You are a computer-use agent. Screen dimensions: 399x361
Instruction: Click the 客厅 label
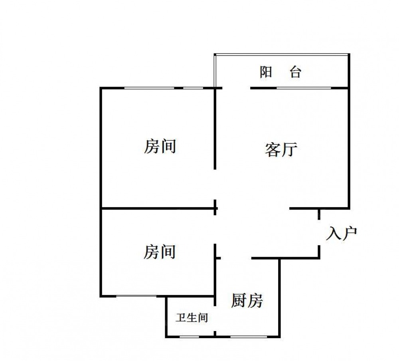tap(281, 149)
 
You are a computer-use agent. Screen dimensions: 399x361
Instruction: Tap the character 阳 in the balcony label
tap(266, 72)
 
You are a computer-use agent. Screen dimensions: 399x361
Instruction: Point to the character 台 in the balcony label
tap(295, 72)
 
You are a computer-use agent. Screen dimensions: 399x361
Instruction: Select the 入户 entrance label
tap(342, 233)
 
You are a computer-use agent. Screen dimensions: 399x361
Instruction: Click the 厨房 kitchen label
tap(247, 300)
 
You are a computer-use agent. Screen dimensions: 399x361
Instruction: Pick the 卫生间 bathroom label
tap(192, 318)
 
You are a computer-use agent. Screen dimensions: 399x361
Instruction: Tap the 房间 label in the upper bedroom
tap(160, 146)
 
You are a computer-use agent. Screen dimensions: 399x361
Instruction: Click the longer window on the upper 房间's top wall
tap(149, 88)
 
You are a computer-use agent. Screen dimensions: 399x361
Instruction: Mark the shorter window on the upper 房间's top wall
tap(193, 88)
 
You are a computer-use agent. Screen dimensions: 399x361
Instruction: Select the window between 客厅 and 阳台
tap(304, 88)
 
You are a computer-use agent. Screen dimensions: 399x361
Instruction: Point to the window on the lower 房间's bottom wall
tap(136, 296)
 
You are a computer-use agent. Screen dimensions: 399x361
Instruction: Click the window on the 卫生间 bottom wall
tap(189, 337)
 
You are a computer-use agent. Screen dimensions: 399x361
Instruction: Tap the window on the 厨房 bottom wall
tap(249, 337)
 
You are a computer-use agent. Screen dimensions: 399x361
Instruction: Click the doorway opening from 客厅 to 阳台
tap(236, 88)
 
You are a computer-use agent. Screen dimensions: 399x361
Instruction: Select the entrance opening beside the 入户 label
tap(319, 232)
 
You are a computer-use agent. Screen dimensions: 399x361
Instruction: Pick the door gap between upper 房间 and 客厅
tap(215, 184)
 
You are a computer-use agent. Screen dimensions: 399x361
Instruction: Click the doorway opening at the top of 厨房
tap(236, 258)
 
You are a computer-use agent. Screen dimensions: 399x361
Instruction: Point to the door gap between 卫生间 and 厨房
tap(215, 318)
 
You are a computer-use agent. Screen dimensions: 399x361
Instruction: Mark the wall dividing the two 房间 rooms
tap(158, 208)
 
